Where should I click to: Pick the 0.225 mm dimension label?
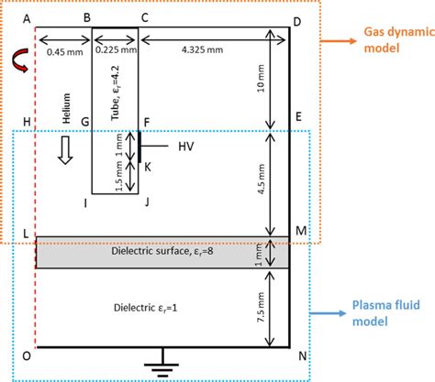pos(117,51)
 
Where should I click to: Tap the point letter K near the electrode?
pos(147,166)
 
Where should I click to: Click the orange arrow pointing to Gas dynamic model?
pos(341,42)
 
